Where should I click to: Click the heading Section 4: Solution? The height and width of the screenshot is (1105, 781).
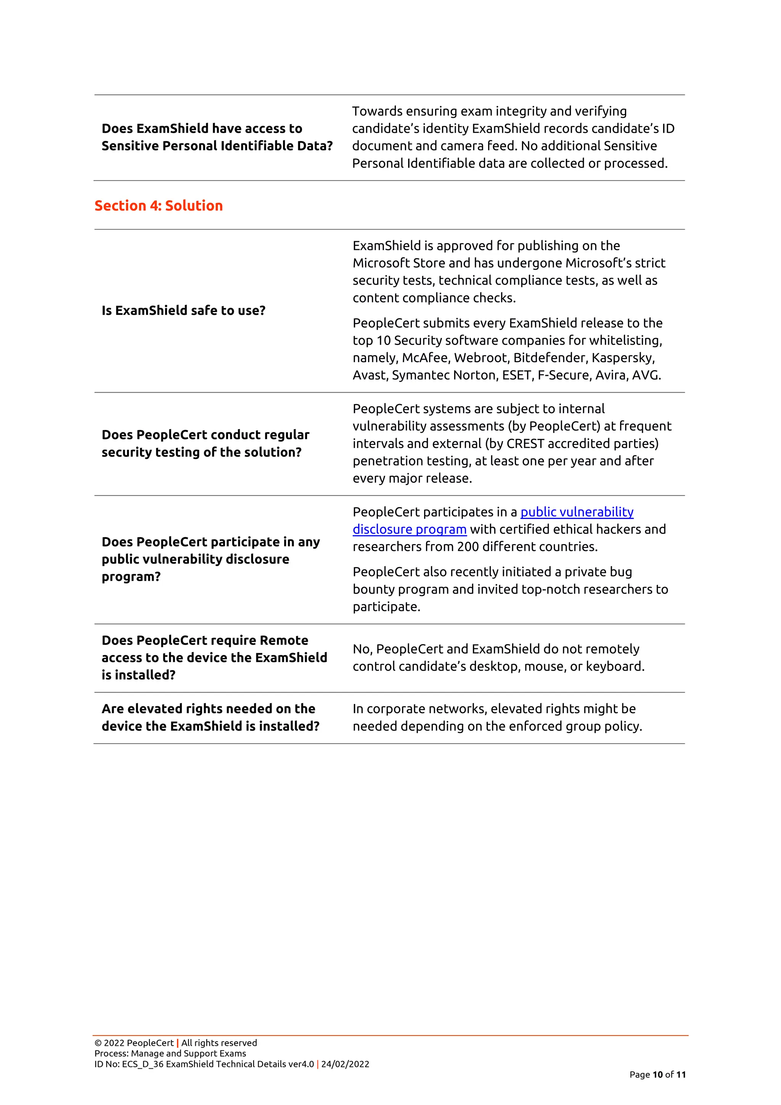(x=158, y=206)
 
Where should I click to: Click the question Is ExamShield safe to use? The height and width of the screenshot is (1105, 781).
(x=183, y=311)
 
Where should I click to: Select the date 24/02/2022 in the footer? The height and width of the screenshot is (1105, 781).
(x=345, y=1064)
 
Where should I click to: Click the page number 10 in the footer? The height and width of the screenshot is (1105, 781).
(x=657, y=1075)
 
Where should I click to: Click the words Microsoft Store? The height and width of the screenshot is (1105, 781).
(x=399, y=263)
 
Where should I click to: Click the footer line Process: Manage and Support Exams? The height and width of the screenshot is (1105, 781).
(x=170, y=1053)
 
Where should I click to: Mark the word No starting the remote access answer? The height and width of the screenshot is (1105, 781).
(x=361, y=649)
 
